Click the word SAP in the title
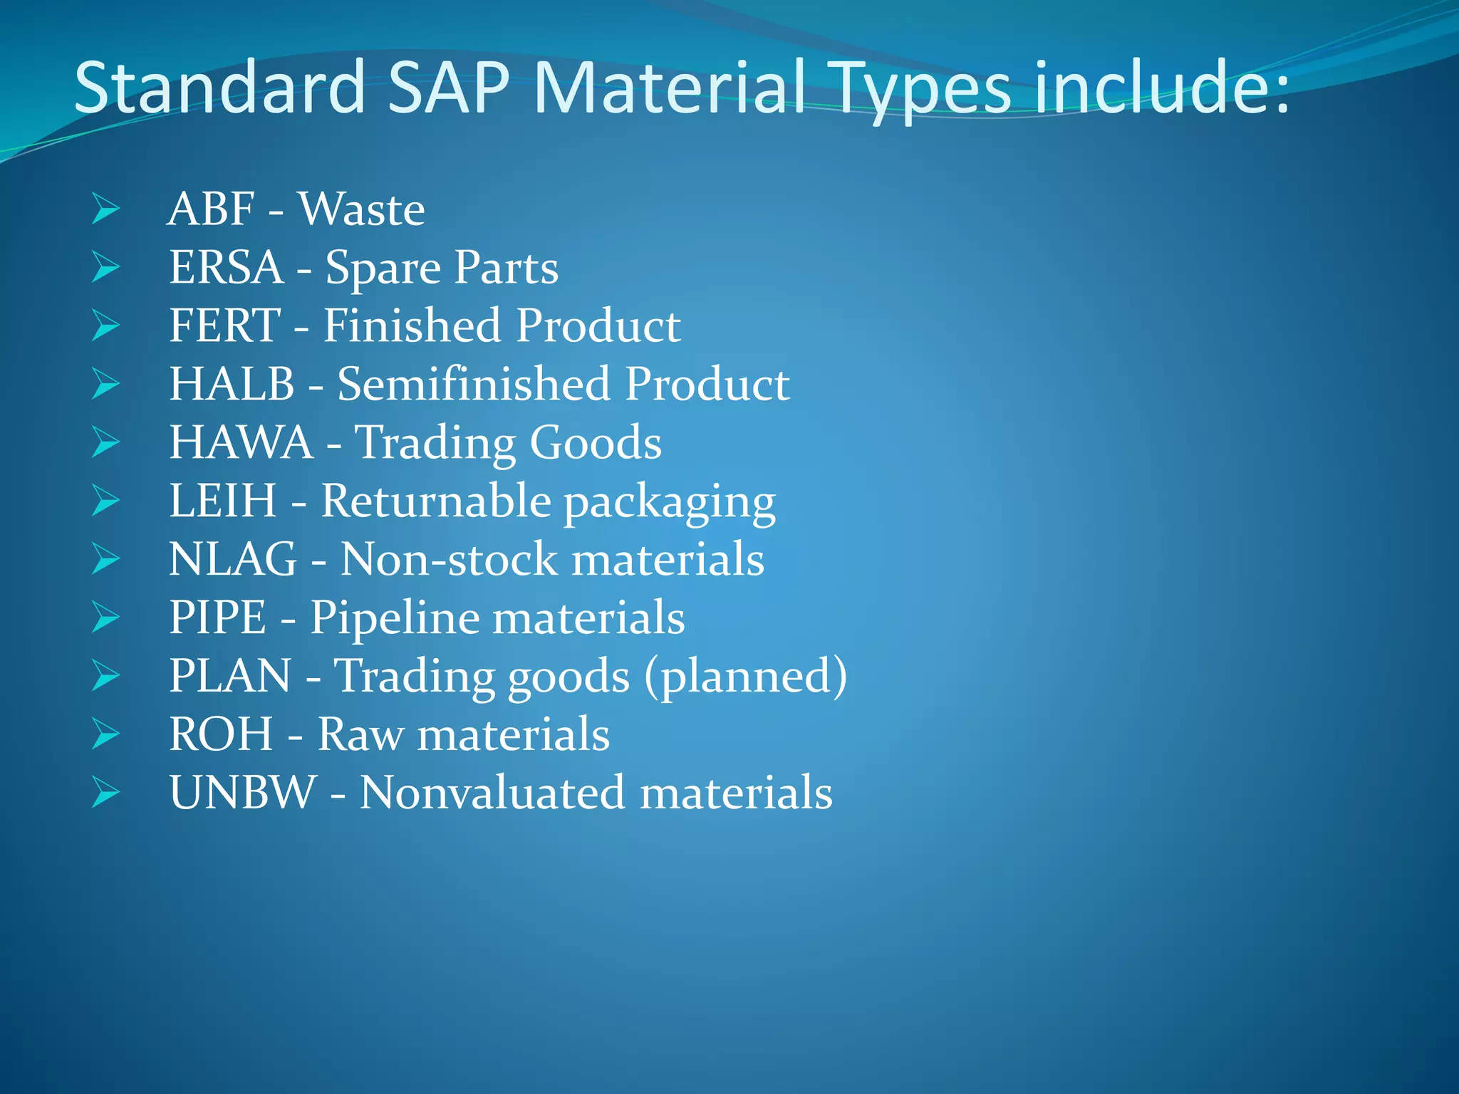tap(449, 88)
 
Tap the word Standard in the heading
tap(219, 88)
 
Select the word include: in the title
tap(1162, 88)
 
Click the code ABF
tap(211, 209)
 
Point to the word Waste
tap(362, 209)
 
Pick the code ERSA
tap(226, 268)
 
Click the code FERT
tap(224, 326)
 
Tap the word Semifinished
tap(474, 385)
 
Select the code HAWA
tap(241, 443)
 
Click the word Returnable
tap(436, 501)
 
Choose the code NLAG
tap(233, 559)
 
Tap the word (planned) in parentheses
tap(746, 676)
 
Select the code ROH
tap(221, 734)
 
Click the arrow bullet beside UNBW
tap(105, 793)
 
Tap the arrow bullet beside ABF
tap(105, 209)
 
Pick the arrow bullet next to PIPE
tap(105, 618)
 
